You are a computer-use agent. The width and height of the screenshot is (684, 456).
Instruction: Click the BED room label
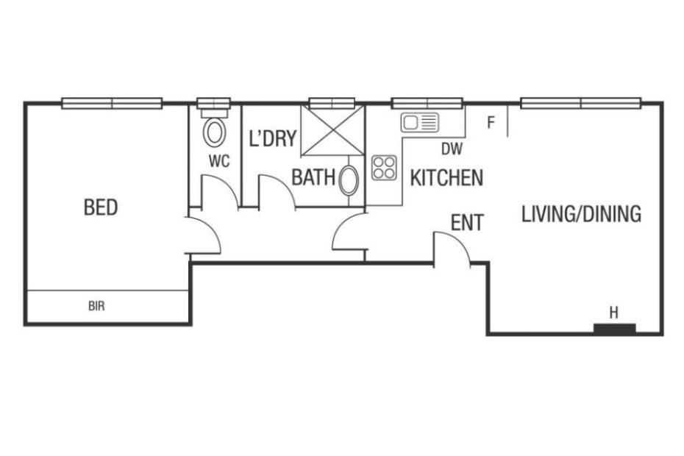pos(101,207)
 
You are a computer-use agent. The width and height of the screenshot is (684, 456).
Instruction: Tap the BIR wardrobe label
pos(96,306)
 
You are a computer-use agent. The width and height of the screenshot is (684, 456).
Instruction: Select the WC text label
pos(219,162)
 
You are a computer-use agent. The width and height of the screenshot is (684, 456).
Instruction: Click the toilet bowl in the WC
pos(214,132)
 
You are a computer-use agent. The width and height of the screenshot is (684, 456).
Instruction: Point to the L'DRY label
pos(273,138)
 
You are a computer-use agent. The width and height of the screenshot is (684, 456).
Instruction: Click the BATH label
pos(313,177)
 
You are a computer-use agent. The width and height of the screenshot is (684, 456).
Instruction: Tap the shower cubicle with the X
pos(332,130)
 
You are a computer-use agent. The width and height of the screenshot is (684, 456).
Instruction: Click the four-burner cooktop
pos(385,168)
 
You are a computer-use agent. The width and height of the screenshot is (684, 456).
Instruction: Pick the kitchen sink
pos(420,122)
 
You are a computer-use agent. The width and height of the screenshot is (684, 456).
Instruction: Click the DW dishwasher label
pos(452,149)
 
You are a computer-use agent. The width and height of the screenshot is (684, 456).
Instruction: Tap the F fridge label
pos(491,123)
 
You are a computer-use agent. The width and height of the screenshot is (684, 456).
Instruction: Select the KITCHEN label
pos(446,178)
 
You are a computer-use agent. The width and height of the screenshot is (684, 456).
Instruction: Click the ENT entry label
pos(467,223)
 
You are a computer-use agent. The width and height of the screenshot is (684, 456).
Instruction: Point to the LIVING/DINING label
pos(582,214)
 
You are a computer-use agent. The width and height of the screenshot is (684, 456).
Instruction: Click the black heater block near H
pos(615,329)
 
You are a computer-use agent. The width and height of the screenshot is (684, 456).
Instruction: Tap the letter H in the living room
pos(614,313)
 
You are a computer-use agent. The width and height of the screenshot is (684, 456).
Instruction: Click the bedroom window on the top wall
pos(112,104)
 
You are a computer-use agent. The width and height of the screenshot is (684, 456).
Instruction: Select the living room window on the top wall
pos(580,104)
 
